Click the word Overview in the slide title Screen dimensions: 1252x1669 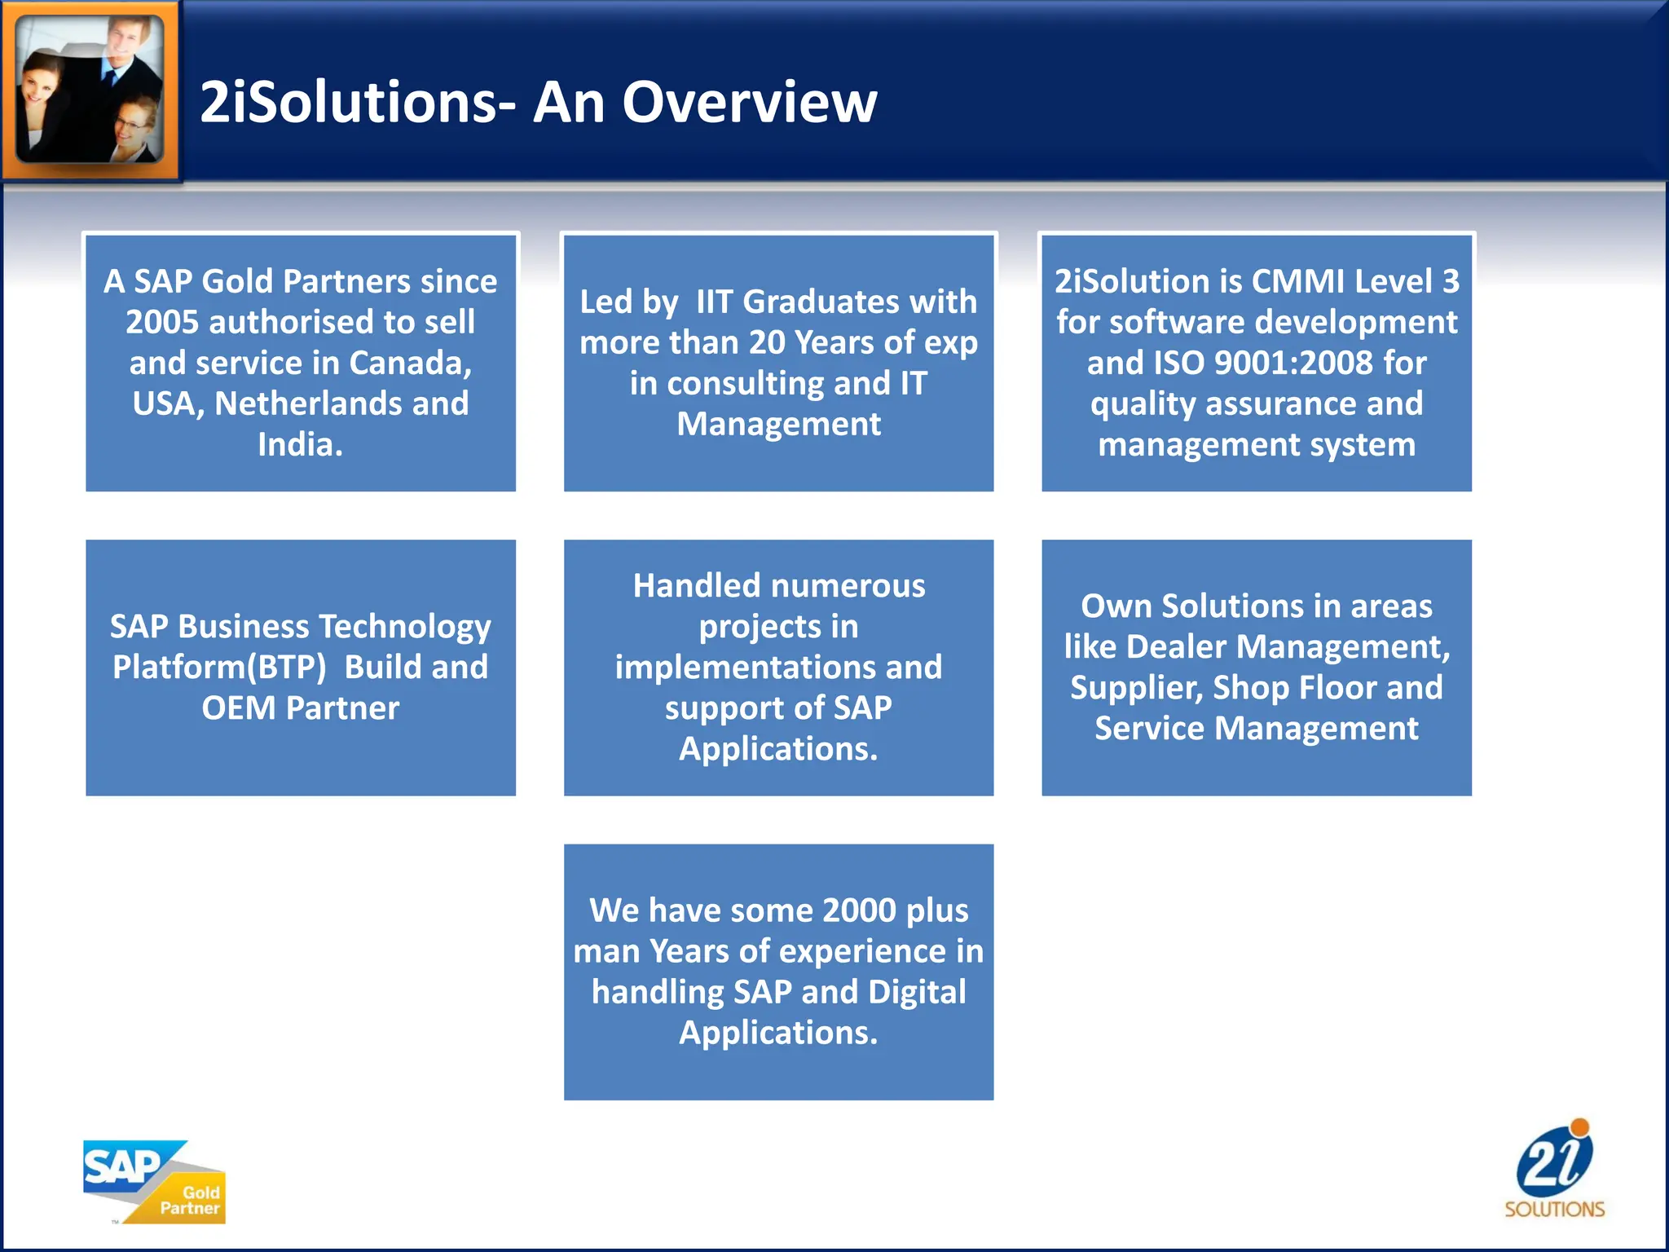point(750,103)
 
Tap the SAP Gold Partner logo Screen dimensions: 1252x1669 point(154,1181)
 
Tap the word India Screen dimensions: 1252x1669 point(300,444)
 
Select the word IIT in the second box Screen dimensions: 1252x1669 point(714,302)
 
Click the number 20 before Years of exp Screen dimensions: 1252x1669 point(766,342)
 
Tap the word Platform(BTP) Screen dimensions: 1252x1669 point(219,667)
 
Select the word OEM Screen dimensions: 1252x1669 point(238,708)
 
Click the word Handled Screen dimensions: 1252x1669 point(694,585)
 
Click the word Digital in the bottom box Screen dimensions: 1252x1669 point(916,991)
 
